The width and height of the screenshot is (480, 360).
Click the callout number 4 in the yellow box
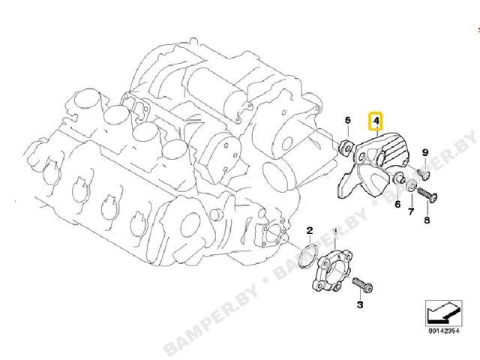376,120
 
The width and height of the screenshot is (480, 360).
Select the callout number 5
347,120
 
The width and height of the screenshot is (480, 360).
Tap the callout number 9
425,152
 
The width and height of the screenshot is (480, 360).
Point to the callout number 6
397,204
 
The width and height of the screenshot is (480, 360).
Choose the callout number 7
411,211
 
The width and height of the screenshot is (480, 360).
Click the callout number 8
427,220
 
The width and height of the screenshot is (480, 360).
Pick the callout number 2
310,230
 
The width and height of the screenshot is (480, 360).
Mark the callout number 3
360,304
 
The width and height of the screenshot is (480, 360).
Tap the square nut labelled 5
346,147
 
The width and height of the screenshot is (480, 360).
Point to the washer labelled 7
411,186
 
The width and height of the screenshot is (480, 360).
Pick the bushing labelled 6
399,178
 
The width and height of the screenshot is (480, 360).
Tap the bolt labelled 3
363,284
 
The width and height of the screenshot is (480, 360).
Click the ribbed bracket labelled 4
373,165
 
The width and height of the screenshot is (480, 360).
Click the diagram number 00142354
443,331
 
